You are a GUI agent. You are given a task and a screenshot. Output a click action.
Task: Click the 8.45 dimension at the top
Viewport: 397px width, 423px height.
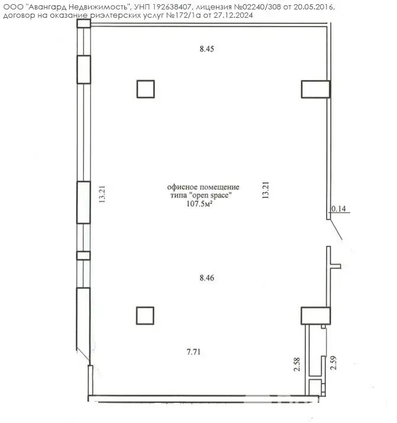pyautogui.click(x=207, y=49)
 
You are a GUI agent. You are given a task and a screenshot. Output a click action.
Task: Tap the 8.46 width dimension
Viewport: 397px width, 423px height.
pyautogui.click(x=207, y=278)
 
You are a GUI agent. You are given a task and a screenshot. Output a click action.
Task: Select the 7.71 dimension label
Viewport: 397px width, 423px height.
pyautogui.click(x=193, y=352)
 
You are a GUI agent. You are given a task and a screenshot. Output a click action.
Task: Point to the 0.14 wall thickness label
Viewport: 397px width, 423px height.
pyautogui.click(x=338, y=209)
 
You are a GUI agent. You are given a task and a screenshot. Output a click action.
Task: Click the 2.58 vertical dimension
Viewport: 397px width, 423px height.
pyautogui.click(x=297, y=364)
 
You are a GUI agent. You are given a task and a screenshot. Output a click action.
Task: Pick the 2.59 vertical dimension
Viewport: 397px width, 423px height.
pyautogui.click(x=334, y=363)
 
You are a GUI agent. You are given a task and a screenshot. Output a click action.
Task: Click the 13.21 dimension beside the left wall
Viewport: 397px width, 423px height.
pyautogui.click(x=102, y=194)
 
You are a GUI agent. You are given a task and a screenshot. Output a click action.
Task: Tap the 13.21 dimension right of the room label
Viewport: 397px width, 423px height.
pyautogui.click(x=266, y=190)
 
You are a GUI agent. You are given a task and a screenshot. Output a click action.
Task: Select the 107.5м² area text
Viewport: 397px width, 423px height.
pyautogui.click(x=199, y=204)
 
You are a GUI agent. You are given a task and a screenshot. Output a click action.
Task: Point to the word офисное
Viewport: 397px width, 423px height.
pyautogui.click(x=183, y=187)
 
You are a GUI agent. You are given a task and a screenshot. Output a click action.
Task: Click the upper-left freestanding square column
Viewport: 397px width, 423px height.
pyautogui.click(x=146, y=89)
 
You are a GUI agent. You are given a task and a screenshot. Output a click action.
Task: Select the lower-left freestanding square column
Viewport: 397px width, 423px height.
pyautogui.click(x=145, y=316)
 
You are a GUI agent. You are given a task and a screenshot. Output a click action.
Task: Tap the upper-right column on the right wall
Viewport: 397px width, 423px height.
pyautogui.click(x=316, y=89)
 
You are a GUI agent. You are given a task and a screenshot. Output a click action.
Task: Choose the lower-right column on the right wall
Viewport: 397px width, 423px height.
pyautogui.click(x=316, y=316)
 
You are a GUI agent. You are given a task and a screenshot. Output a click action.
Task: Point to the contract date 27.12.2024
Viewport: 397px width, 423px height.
pyautogui.click(x=233, y=15)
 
